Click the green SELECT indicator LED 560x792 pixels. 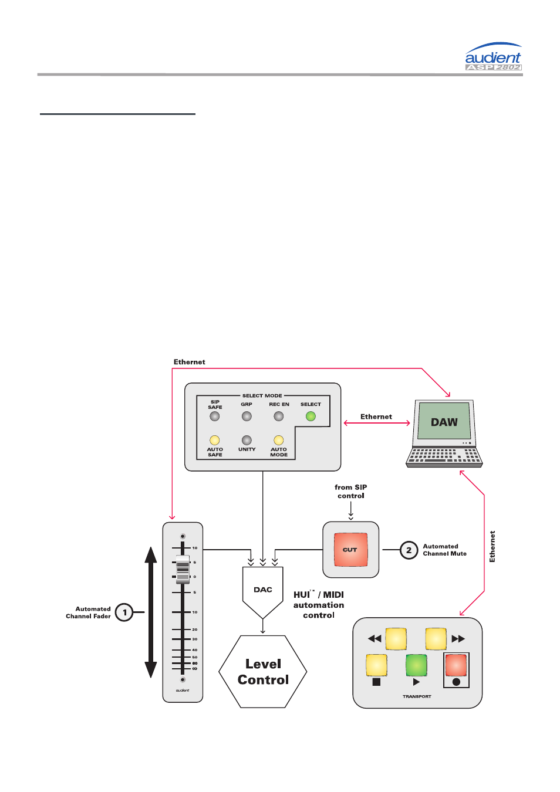[x=311, y=417]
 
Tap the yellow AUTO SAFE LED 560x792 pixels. [x=215, y=440]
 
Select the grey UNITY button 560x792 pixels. [x=247, y=440]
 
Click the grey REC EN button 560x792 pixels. [x=279, y=417]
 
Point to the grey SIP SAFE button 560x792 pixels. [x=215, y=417]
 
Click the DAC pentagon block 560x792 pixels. [x=263, y=590]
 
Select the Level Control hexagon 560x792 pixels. [x=263, y=672]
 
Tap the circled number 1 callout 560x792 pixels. [x=124, y=612]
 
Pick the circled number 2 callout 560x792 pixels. [x=409, y=550]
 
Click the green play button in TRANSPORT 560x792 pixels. [x=416, y=665]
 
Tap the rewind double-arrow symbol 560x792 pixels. [x=374, y=639]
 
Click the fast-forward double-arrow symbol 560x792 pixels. [x=458, y=639]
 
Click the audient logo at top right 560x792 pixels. [x=493, y=57]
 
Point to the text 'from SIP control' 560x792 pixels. [x=351, y=492]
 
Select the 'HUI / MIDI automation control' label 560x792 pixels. [x=319, y=605]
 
